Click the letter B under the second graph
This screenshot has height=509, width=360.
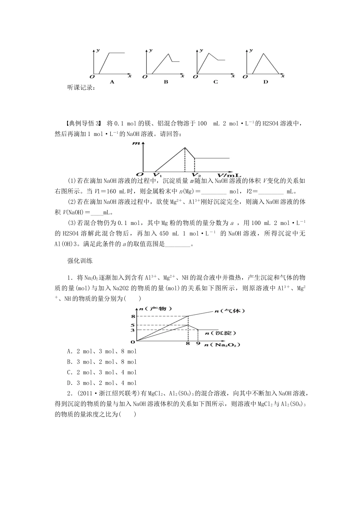166,82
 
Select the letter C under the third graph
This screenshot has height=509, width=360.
216,82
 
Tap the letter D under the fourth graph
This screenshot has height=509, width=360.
265,82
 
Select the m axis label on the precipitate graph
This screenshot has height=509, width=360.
136,144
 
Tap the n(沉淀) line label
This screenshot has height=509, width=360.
220,333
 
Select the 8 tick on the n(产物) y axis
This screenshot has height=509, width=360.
133,316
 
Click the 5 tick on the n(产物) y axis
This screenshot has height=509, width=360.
133,325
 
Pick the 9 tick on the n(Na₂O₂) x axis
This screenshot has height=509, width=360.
198,344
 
